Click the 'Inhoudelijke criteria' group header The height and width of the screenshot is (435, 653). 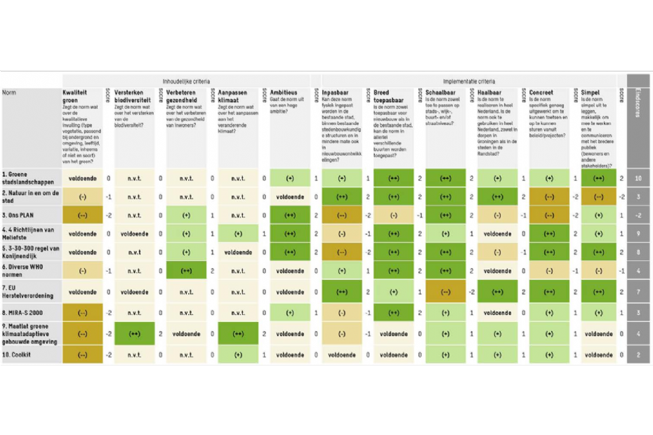(186, 81)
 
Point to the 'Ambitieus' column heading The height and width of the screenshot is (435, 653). (284, 93)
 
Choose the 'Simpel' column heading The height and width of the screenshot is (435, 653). (592, 93)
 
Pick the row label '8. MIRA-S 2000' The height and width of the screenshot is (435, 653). (24, 312)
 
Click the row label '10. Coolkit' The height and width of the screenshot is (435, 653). (18, 355)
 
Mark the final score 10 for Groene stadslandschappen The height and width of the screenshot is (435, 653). (638, 178)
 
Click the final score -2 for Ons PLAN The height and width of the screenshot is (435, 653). (638, 215)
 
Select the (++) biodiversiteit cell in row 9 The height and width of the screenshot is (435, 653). (134, 334)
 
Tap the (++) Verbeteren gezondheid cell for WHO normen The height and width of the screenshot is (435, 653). (185, 270)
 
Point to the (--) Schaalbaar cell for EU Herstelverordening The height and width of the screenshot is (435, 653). (445, 291)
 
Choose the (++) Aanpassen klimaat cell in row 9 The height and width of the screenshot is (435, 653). (238, 334)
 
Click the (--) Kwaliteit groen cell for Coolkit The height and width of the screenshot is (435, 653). (82, 355)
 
